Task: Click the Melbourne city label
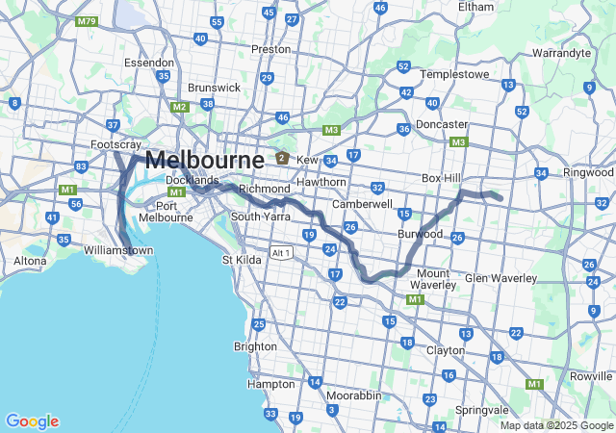pyautogui.click(x=204, y=160)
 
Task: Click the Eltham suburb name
pyautogui.click(x=475, y=7)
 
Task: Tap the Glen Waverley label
pyautogui.click(x=500, y=278)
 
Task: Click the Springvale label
pyautogui.click(x=481, y=410)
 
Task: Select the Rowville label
pyautogui.click(x=591, y=376)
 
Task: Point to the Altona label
pyautogui.click(x=29, y=261)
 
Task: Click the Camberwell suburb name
pyautogui.click(x=362, y=204)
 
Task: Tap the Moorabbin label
pyautogui.click(x=351, y=395)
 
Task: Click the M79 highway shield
pyautogui.click(x=87, y=20)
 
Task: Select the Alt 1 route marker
pyautogui.click(x=281, y=253)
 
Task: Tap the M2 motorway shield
pyautogui.click(x=179, y=107)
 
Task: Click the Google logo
pyautogui.click(x=32, y=421)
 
